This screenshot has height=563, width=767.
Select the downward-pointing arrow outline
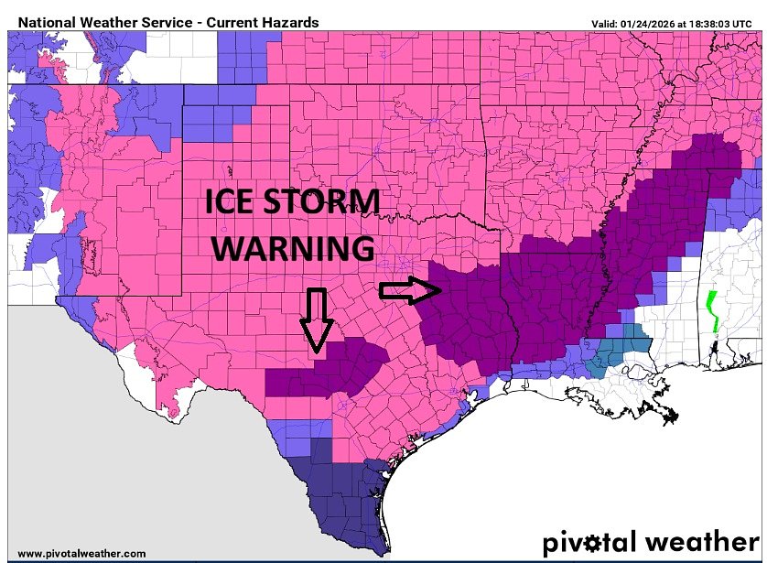tap(316, 319)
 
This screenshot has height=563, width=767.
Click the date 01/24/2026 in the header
tap(657, 23)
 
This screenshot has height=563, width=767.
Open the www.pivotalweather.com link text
tap(81, 553)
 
